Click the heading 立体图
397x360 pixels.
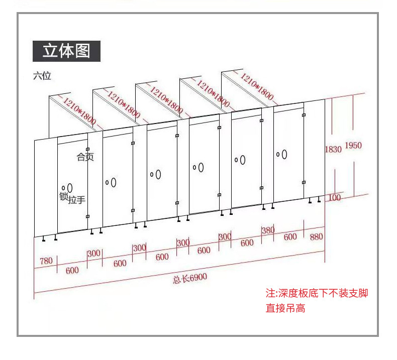66,51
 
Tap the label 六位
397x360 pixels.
42,76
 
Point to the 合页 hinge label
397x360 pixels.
85,157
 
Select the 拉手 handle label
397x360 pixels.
77,200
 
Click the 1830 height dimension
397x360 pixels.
333,149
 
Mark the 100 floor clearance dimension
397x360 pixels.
335,197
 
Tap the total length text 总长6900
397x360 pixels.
189,278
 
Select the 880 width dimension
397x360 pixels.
316,236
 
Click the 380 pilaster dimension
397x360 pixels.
268,230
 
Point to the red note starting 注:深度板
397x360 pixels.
317,293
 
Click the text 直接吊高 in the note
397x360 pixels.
285,308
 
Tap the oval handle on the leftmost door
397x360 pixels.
69,188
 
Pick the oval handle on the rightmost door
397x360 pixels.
284,154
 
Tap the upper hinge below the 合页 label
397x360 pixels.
87,150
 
